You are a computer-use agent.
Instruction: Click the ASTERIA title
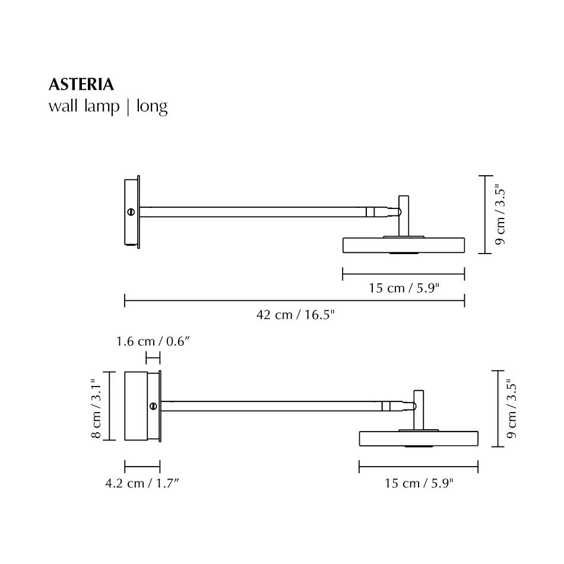tap(81, 85)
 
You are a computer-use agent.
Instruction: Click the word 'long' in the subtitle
tap(152, 107)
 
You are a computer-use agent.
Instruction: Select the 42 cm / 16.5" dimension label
tap(295, 315)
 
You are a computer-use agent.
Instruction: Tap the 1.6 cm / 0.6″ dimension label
tap(153, 341)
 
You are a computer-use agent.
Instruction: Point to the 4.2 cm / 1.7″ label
tap(142, 483)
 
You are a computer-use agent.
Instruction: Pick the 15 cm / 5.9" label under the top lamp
tap(404, 289)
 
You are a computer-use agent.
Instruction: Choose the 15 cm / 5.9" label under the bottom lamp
tap(419, 483)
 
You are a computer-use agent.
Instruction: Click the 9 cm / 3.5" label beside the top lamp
tap(500, 214)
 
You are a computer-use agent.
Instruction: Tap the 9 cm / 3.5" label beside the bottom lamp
tap(512, 409)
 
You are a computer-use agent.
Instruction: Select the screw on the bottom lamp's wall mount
tap(153, 406)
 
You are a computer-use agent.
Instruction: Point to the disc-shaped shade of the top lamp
tap(404, 245)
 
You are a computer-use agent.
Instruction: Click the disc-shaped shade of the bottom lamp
tap(419, 439)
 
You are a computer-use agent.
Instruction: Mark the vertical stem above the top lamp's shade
tap(403, 215)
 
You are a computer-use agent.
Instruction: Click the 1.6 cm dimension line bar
tap(153, 357)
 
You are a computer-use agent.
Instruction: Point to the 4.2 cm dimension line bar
tap(142, 467)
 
